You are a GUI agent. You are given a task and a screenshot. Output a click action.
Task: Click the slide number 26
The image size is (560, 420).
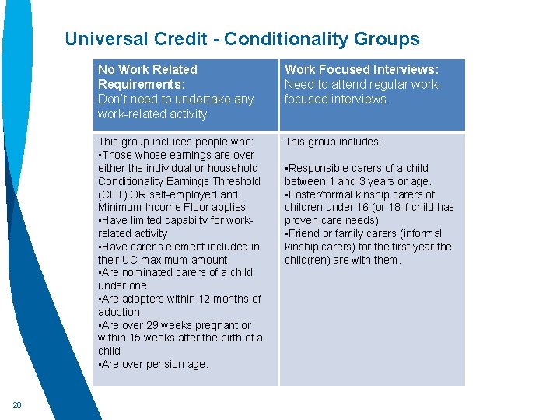click(x=17, y=404)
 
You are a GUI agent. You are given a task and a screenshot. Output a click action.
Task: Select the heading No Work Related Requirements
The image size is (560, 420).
click(x=148, y=76)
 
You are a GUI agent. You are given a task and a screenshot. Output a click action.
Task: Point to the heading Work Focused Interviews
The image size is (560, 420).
click(x=361, y=69)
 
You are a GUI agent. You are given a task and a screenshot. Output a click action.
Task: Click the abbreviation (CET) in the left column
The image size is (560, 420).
click(x=114, y=194)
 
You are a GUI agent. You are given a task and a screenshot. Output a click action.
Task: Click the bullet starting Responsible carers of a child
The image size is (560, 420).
click(x=355, y=168)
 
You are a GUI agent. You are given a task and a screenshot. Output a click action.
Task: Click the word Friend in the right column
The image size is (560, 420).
click(x=306, y=233)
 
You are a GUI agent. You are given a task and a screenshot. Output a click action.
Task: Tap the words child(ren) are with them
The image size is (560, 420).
click(x=342, y=260)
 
